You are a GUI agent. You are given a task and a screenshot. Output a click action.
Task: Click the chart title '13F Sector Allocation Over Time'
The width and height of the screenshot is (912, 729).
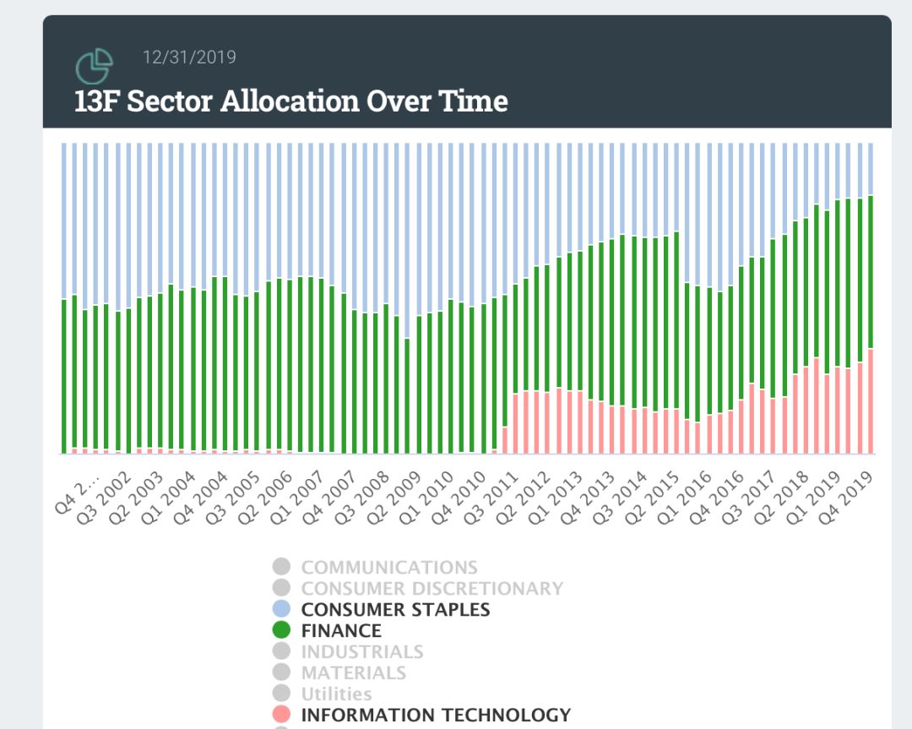pyautogui.click(x=291, y=101)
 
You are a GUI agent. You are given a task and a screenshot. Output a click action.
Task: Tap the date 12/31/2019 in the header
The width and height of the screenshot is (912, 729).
pyautogui.click(x=189, y=57)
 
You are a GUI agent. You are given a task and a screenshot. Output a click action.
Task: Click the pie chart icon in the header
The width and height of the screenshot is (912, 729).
pyautogui.click(x=94, y=67)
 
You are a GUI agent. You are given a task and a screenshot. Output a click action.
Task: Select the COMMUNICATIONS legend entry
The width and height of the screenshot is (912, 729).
pyautogui.click(x=388, y=568)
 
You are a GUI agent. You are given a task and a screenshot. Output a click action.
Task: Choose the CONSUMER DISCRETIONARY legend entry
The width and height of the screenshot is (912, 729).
pyautogui.click(x=432, y=589)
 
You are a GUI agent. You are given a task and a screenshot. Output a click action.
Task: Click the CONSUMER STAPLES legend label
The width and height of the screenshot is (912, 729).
pyautogui.click(x=395, y=610)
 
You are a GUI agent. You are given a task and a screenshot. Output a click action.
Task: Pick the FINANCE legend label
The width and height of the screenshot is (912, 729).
pyautogui.click(x=341, y=631)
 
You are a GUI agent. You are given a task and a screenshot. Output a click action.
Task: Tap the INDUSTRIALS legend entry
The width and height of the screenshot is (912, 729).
pyautogui.click(x=362, y=652)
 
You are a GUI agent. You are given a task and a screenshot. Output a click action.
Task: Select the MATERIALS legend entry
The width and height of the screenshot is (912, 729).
pyautogui.click(x=353, y=673)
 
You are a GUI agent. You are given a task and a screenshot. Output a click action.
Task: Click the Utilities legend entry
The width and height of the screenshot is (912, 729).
pyautogui.click(x=336, y=694)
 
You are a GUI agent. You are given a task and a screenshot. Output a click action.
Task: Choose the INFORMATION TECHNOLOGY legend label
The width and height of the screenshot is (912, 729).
pyautogui.click(x=436, y=715)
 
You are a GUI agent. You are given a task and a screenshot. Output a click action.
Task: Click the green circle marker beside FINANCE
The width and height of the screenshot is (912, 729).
pyautogui.click(x=282, y=630)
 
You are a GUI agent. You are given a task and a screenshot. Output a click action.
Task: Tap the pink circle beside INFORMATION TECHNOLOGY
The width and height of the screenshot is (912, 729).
pyautogui.click(x=282, y=715)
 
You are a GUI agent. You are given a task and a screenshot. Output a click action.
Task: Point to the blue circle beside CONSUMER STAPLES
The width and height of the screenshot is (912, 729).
pyautogui.click(x=282, y=609)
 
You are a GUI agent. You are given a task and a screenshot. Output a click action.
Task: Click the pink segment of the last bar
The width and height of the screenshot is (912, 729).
pyautogui.click(x=870, y=401)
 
